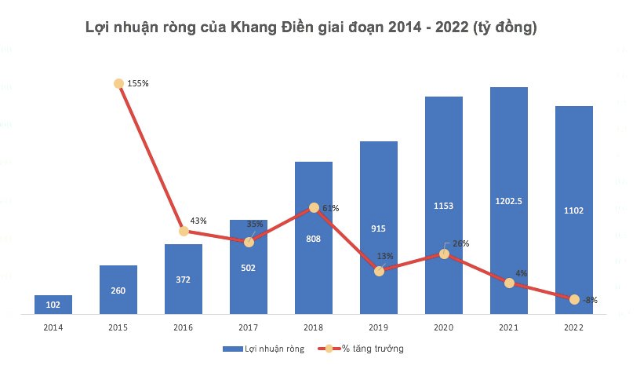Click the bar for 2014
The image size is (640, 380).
53,305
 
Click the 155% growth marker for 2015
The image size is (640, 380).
118,83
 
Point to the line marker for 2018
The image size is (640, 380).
314,207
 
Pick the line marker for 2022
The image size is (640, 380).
574,299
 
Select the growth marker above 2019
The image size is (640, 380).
379,271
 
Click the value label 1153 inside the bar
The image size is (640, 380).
444,205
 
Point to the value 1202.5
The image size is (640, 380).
509,201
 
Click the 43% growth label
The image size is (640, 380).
198,221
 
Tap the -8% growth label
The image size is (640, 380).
591,300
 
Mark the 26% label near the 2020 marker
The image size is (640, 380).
460,243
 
